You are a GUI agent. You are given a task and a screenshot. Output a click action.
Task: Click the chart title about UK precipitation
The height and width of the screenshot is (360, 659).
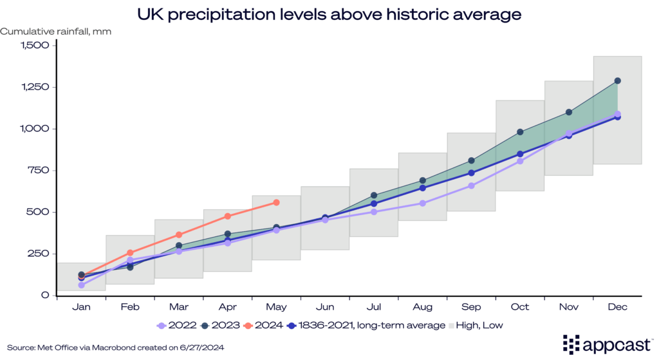pos(329,13)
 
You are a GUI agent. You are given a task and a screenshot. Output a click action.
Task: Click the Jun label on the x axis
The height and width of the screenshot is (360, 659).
pos(324,308)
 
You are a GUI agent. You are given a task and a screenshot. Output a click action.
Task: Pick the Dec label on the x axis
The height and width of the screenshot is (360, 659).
pos(617,308)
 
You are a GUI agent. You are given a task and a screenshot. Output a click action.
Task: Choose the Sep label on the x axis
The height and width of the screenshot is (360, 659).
pos(471,308)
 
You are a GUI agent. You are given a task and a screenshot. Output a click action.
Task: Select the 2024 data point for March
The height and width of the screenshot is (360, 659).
pos(179,235)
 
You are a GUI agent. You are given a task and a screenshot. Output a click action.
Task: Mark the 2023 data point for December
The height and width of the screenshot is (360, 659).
pos(617,81)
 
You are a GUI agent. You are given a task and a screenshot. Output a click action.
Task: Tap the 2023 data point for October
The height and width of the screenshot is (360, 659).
pos(520,132)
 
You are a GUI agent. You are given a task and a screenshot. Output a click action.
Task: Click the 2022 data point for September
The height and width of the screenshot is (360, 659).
pos(471,185)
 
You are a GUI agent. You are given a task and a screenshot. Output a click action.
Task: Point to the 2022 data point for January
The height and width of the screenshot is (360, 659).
pos(81,285)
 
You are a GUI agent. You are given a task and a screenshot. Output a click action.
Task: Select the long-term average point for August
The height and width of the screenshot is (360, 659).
pos(423,188)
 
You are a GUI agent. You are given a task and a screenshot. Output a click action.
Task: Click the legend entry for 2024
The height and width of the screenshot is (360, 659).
pos(264,326)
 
